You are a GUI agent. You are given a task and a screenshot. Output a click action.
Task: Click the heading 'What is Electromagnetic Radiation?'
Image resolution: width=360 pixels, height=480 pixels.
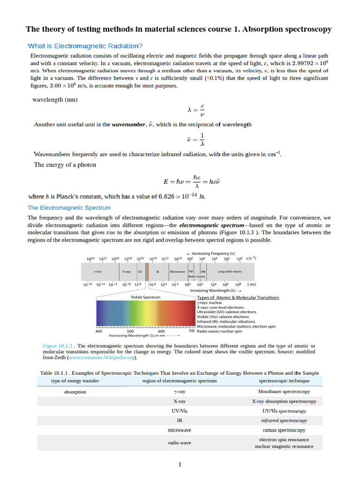(x=85, y=46)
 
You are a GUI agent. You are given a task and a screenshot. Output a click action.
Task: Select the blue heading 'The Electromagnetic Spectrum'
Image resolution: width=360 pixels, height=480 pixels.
(x=69, y=207)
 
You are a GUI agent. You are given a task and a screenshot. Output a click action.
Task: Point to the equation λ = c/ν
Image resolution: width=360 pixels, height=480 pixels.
(x=195, y=111)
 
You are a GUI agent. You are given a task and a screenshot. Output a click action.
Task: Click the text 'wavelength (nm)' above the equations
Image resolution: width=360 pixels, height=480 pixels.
(x=55, y=100)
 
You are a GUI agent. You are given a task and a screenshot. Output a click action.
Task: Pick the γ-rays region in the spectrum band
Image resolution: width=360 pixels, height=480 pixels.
(x=98, y=271)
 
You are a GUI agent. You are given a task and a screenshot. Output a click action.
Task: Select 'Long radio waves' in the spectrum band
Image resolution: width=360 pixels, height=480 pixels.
(x=228, y=271)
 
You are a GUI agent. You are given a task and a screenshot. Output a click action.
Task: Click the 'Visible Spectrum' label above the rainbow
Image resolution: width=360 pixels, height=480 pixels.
(x=145, y=297)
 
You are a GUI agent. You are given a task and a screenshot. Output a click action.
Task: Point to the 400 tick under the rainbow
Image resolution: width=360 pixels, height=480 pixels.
(x=99, y=331)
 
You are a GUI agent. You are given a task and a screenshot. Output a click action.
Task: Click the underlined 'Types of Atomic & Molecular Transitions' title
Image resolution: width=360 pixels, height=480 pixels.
(x=238, y=297)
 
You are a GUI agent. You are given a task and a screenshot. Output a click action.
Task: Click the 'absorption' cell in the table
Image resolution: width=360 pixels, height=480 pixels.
(x=75, y=392)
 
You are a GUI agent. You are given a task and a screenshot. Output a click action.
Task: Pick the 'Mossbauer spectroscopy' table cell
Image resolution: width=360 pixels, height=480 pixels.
(x=284, y=391)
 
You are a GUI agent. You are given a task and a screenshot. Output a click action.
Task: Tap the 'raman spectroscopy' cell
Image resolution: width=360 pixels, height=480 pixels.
(x=284, y=430)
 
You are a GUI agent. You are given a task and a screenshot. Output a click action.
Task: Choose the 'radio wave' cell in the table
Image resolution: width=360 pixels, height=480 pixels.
(x=180, y=442)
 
